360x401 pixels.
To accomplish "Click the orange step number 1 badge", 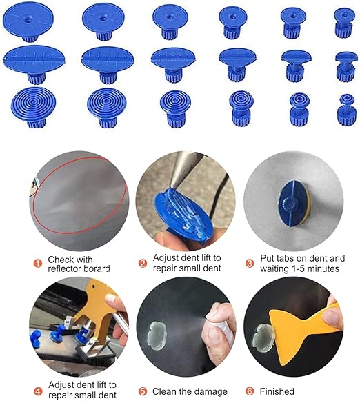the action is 38,264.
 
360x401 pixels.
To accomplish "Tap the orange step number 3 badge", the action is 250,264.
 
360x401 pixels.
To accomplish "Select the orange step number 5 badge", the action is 143,391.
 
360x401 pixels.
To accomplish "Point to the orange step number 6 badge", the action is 250,391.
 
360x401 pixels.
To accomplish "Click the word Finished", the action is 277,391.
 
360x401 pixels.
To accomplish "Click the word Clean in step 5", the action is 164,391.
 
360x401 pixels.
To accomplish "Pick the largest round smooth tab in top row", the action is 28,21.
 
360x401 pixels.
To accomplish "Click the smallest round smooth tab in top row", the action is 344,23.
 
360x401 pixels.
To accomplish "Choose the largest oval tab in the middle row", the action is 34,64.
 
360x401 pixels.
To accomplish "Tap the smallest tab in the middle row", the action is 346,66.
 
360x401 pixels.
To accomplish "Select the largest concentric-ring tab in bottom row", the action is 34,108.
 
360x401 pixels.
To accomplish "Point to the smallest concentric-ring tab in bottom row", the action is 346,110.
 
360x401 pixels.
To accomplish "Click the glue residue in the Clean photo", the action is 157,336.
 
